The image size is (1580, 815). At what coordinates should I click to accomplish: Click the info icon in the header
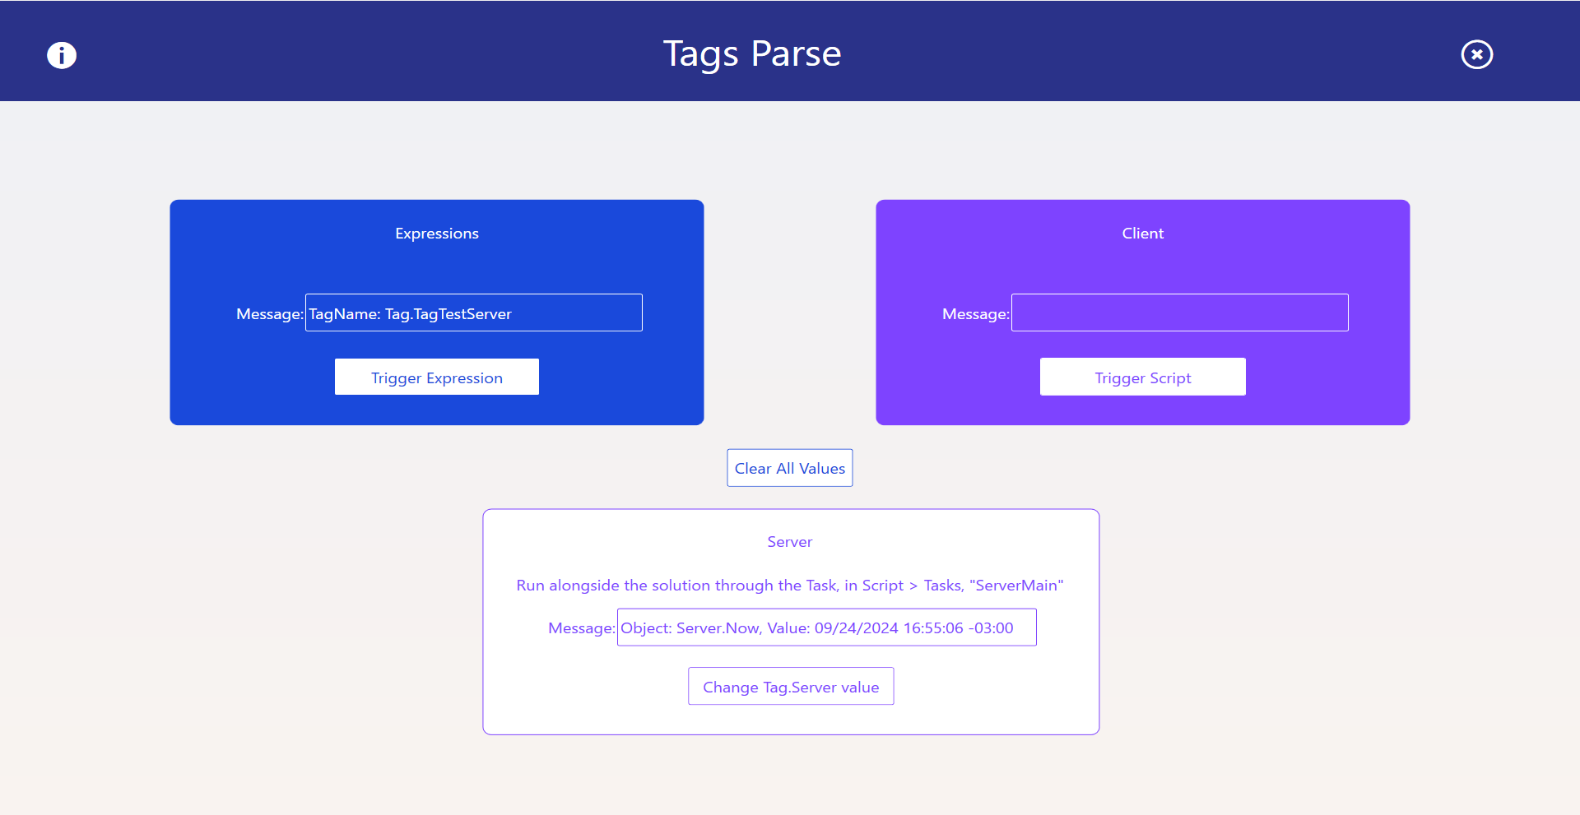pyautogui.click(x=62, y=55)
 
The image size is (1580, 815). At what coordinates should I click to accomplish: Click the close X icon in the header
pyautogui.click(x=1477, y=54)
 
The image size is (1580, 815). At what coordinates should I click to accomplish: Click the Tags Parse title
pyautogui.click(x=752, y=54)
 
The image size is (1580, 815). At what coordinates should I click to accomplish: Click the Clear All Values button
pyautogui.click(x=790, y=468)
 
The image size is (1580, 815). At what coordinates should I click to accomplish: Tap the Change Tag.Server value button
pyautogui.click(x=791, y=687)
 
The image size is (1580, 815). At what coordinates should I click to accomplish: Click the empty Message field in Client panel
pyautogui.click(x=1180, y=313)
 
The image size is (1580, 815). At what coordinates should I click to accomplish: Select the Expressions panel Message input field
pyautogui.click(x=474, y=313)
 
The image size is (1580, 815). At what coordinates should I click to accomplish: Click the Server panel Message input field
pyautogui.click(x=827, y=627)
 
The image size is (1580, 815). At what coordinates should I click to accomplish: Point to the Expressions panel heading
pyautogui.click(x=437, y=234)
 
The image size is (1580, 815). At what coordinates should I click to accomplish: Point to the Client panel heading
pyautogui.click(x=1143, y=234)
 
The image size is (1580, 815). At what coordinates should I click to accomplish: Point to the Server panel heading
pyautogui.click(x=790, y=542)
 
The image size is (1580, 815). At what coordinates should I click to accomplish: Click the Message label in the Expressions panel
pyautogui.click(x=270, y=314)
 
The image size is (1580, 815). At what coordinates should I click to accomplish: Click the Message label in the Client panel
pyautogui.click(x=976, y=314)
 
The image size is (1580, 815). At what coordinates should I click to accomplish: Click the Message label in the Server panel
pyautogui.click(x=582, y=628)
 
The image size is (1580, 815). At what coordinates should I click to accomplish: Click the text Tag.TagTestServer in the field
pyautogui.click(x=448, y=314)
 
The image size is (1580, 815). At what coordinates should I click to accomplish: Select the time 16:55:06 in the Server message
pyautogui.click(x=933, y=628)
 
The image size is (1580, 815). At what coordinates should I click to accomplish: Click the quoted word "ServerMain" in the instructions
pyautogui.click(x=1017, y=585)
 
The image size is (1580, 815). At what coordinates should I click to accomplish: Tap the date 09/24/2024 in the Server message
pyautogui.click(x=857, y=628)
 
